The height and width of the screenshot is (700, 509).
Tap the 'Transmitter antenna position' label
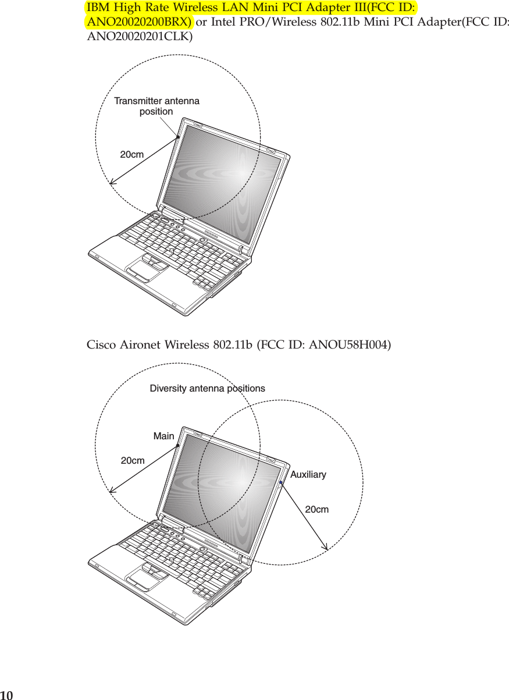click(x=156, y=106)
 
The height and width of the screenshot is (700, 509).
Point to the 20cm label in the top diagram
click(x=132, y=155)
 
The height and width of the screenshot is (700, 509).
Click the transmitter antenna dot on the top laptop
click(x=178, y=137)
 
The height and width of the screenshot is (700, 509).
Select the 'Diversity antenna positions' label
click(x=207, y=388)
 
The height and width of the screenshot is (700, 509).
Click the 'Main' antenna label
click(x=163, y=436)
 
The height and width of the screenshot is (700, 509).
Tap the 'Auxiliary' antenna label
click(x=308, y=475)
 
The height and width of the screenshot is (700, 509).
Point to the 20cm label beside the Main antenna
click(x=133, y=461)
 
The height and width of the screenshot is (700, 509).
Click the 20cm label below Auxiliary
click(x=317, y=510)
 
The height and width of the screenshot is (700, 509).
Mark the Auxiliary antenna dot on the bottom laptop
click(x=280, y=482)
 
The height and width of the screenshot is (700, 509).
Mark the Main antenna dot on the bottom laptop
click(x=178, y=446)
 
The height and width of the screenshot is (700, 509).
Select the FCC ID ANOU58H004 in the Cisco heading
click(x=351, y=345)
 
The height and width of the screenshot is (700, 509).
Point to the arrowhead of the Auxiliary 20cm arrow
click(x=326, y=547)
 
